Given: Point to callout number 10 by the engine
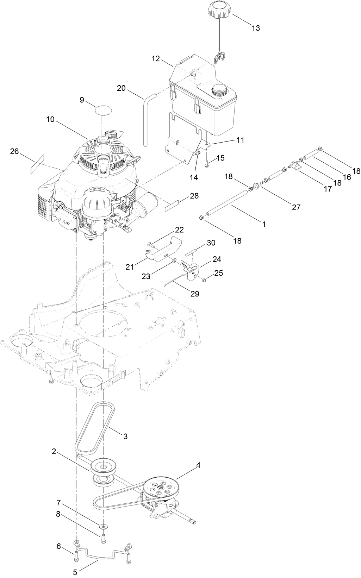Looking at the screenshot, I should pyautogui.click(x=50, y=119).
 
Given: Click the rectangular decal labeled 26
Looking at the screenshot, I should pyautogui.click(x=37, y=163).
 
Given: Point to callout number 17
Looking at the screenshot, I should pyautogui.click(x=328, y=189).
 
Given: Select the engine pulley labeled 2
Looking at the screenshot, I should pyautogui.click(x=103, y=467).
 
